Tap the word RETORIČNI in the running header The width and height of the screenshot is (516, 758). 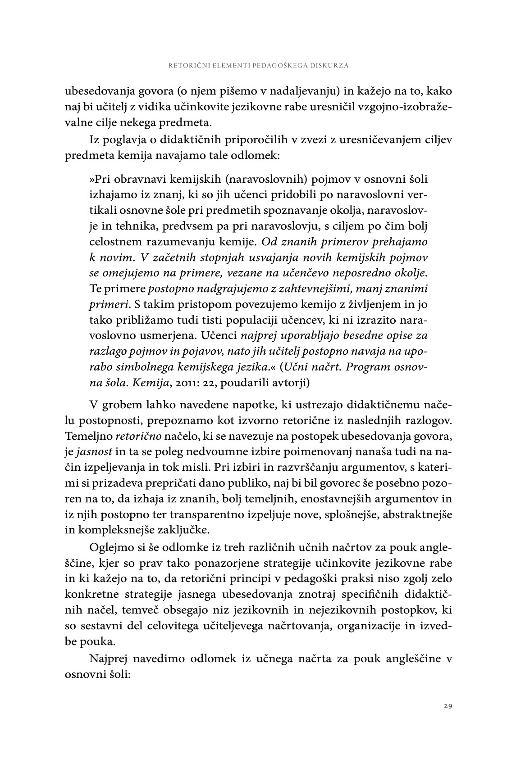click(x=185, y=65)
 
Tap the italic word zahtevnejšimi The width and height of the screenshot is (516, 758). click(x=315, y=288)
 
